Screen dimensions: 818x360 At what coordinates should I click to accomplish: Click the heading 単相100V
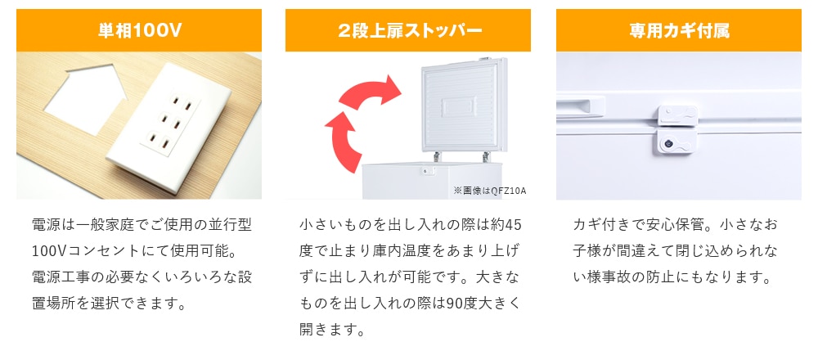pyautogui.click(x=139, y=31)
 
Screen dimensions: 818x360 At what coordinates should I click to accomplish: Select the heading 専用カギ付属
pyautogui.click(x=679, y=31)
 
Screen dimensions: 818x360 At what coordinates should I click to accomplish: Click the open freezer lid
pyautogui.click(x=464, y=105)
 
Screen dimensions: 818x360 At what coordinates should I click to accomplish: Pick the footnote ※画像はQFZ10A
pyautogui.click(x=490, y=191)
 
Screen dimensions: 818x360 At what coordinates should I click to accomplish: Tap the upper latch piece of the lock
pyautogui.click(x=677, y=115)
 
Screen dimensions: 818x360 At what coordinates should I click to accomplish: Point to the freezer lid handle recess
pyautogui.click(x=580, y=105)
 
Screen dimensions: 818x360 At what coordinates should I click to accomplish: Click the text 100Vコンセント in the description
pyautogui.click(x=87, y=251)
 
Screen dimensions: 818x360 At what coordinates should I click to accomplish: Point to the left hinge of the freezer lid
pyautogui.click(x=437, y=156)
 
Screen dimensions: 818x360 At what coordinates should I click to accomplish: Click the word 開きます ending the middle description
pyautogui.click(x=326, y=329)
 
